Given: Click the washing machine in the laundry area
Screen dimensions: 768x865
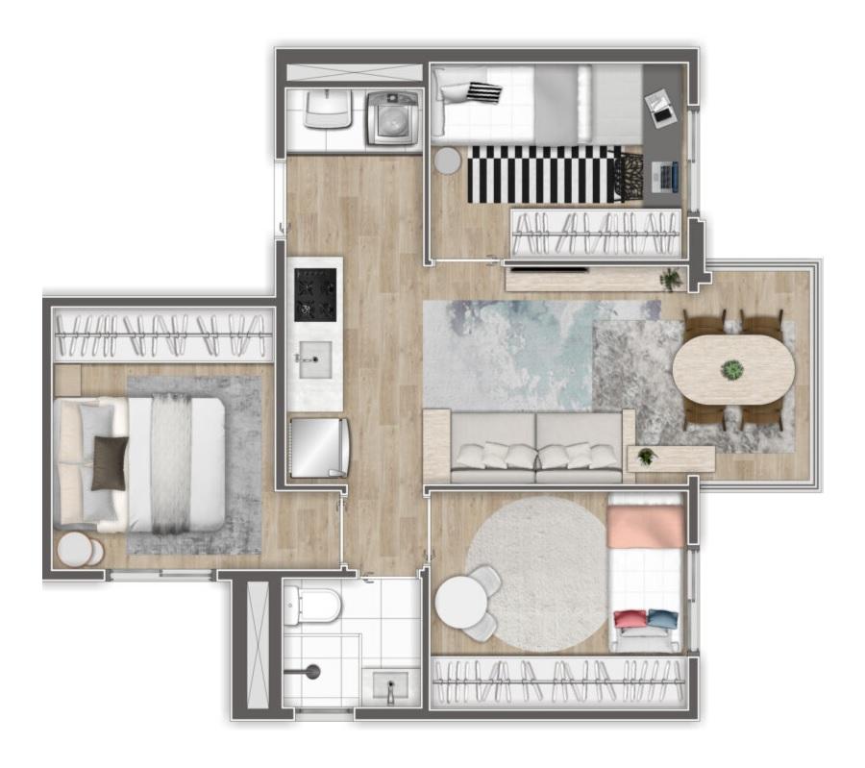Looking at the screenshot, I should point(392,117).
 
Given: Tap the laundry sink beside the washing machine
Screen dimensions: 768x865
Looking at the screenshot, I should point(329,109).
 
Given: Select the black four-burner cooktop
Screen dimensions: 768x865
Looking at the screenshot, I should point(315,294).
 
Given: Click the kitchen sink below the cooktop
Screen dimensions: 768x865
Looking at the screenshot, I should point(313,359).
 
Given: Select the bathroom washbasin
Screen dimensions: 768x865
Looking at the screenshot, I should point(389,687).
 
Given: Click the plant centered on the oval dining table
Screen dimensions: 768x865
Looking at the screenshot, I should point(733,369).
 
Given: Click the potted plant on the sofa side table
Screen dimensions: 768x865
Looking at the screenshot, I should point(647,456).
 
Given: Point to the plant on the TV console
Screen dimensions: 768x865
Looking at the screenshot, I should point(670,280).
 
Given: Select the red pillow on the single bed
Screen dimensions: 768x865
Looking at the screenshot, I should point(630,619).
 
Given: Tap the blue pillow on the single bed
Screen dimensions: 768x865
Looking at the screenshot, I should point(662,618).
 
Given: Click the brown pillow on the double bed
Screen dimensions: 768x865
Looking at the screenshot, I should point(109,463).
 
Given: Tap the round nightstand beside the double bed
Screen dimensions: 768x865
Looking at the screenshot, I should point(80,551).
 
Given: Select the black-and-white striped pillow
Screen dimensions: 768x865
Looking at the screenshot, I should point(483,92).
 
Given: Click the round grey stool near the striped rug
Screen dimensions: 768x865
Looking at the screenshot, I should point(447,161).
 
